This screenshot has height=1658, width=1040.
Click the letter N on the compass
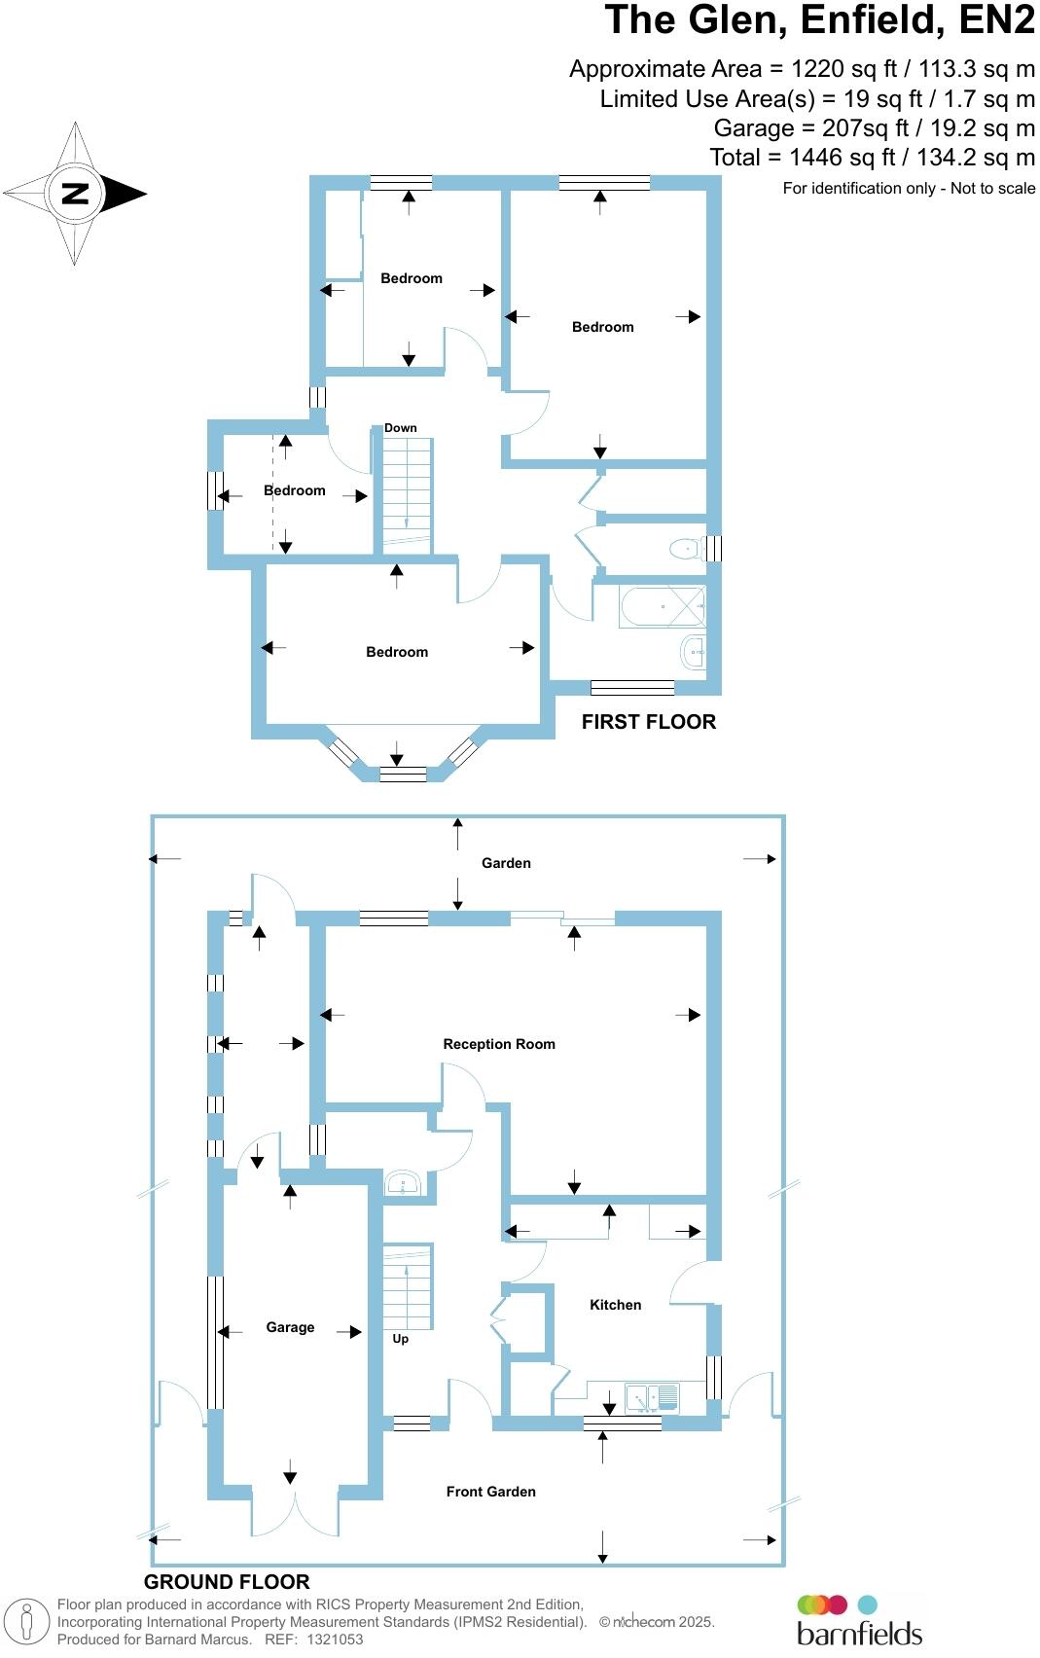pos(75,193)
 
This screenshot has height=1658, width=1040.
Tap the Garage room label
pos(290,1327)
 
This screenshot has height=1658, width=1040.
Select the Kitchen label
pos(615,1305)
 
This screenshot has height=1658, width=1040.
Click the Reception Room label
pos(499,1044)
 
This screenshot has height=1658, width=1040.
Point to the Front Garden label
pos(490,1492)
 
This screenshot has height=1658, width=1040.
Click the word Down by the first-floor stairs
pos(400,428)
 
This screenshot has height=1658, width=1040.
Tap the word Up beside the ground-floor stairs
pos(400,1339)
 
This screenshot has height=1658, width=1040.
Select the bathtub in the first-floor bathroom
pos(663,607)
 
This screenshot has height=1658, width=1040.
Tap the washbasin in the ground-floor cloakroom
pos(402,1184)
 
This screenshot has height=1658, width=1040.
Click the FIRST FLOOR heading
pos(648,722)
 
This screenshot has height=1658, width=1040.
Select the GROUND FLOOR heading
pos(227,1582)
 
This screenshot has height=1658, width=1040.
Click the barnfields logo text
pos(859,1632)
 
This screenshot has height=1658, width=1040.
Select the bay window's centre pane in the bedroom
pos(403,775)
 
